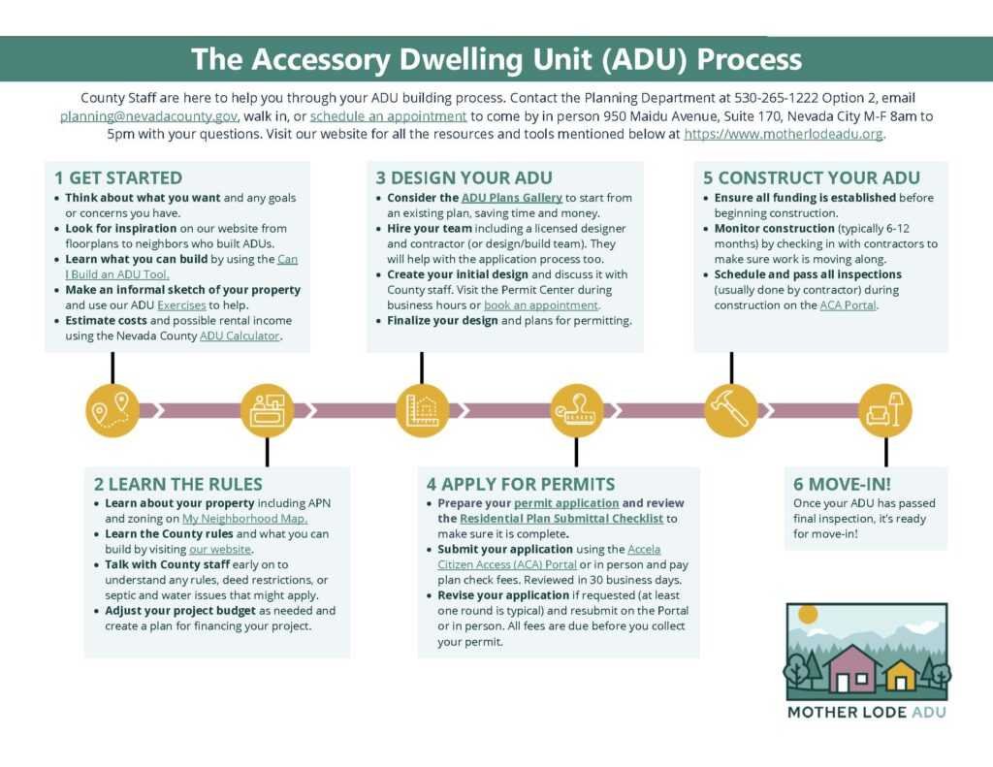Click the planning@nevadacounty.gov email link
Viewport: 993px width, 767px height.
[148, 116]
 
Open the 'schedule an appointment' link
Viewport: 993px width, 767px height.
[388, 116]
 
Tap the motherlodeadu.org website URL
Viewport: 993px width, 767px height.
[784, 134]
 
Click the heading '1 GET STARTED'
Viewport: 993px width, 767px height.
[118, 178]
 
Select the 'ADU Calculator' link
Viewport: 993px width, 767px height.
[240, 336]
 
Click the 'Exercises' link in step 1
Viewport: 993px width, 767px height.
[181, 305]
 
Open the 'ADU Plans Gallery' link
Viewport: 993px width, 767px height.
[512, 198]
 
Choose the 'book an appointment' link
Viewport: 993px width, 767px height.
[541, 305]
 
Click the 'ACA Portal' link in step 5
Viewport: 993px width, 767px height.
[848, 305]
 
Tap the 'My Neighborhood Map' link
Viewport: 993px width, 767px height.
[244, 519]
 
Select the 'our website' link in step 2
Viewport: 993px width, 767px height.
[220, 549]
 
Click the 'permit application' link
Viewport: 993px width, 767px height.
[566, 503]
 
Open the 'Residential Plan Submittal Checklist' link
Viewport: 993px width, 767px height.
[561, 519]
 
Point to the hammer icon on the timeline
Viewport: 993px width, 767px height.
[731, 410]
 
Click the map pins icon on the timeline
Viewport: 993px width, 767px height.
[112, 410]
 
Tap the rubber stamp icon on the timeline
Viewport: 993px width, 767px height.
[576, 410]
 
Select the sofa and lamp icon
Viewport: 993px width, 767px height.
[885, 410]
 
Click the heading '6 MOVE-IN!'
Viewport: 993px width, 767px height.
[842, 485]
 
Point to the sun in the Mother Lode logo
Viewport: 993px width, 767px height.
[808, 615]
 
